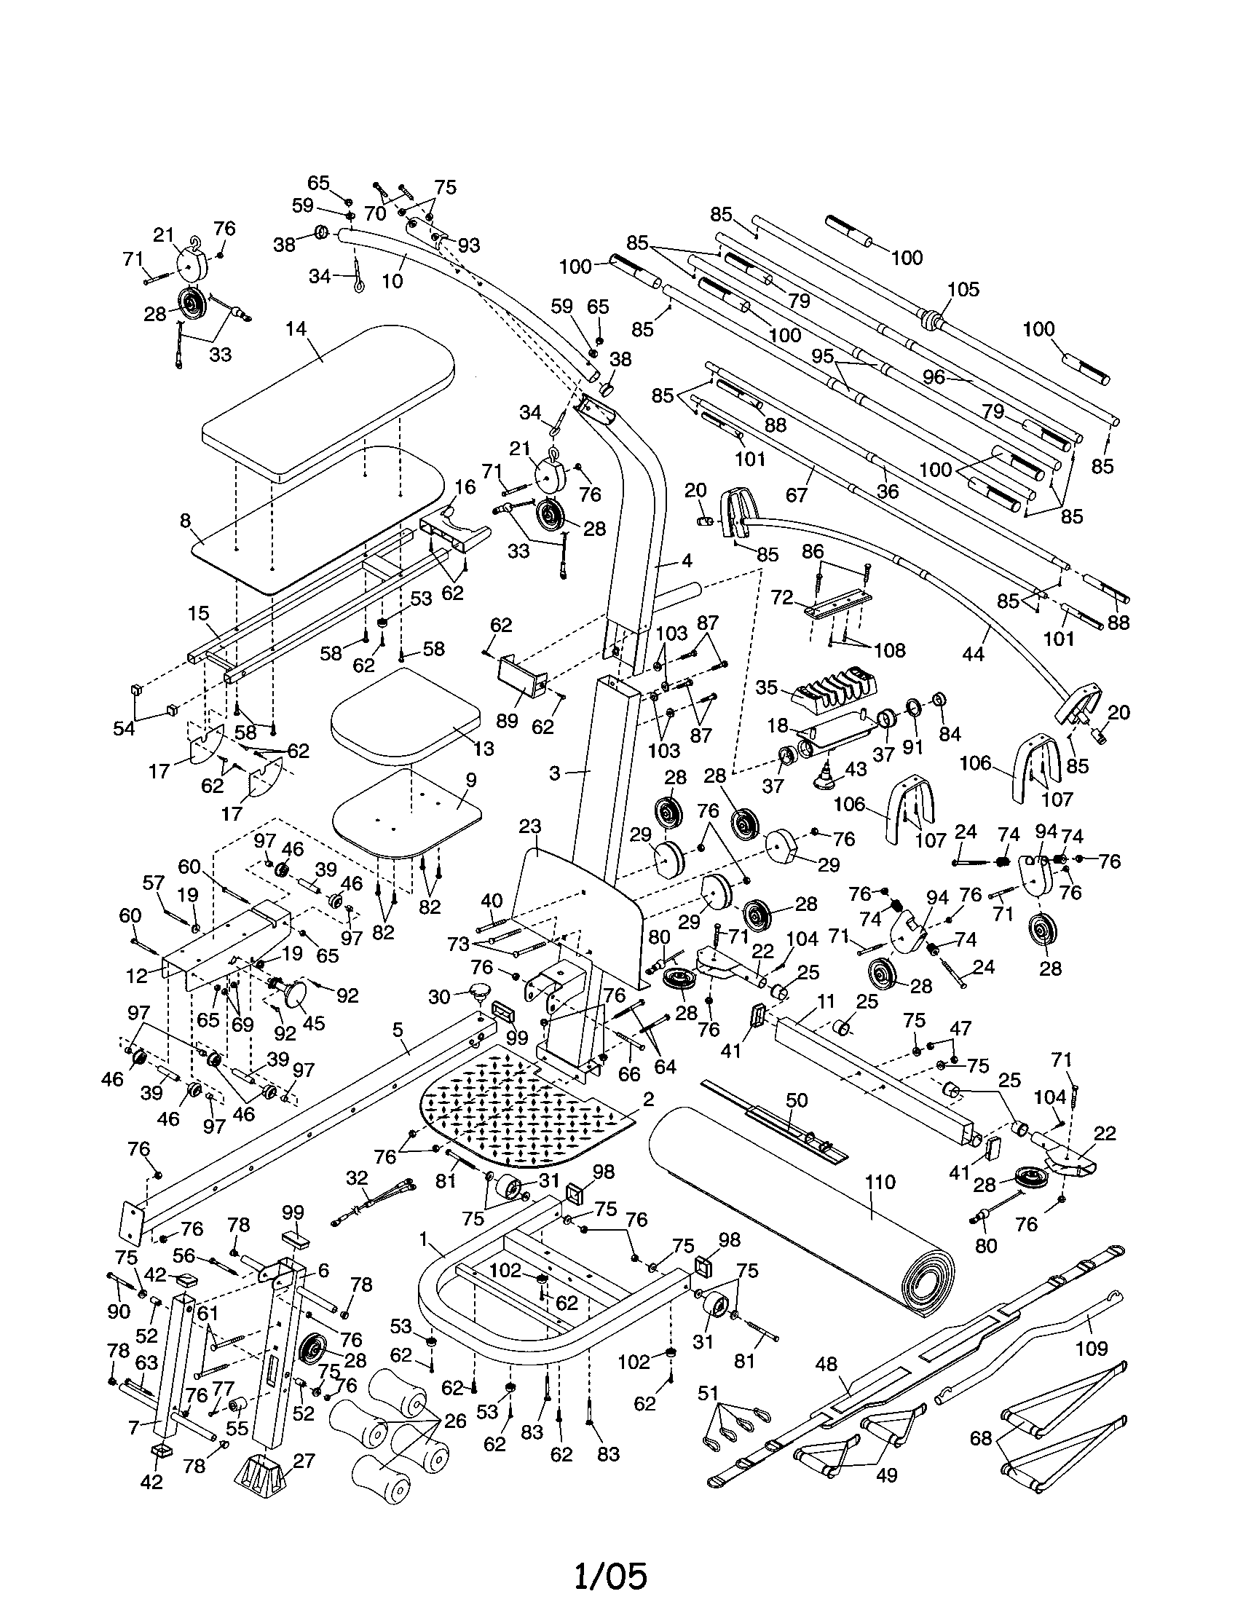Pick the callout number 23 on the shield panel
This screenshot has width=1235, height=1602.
pos(529,827)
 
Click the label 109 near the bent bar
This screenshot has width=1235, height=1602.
pos(1092,1347)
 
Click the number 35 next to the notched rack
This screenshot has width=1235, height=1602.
pos(766,688)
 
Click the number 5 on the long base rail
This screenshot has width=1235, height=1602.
pos(397,1030)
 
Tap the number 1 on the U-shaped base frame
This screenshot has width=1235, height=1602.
pos(422,1239)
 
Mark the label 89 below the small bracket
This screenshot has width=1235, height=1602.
pos(506,720)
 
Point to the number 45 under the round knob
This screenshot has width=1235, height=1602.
pos(313,1022)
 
